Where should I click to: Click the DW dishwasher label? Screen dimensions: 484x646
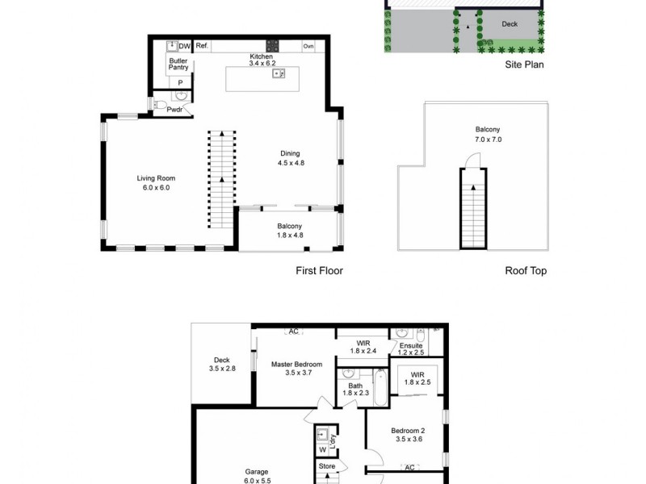tap(184, 46)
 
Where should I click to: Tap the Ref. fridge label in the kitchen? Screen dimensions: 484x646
tap(202, 46)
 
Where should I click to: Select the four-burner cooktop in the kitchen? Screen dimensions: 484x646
tap(273, 46)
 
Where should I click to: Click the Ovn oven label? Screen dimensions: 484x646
tap(308, 46)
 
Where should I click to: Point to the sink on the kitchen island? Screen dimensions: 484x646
tap(279, 74)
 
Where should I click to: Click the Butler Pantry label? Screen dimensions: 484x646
tap(178, 65)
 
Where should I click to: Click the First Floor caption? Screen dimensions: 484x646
tap(319, 271)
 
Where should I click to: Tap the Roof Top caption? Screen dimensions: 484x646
tap(525, 271)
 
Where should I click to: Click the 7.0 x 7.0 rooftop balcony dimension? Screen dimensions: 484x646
tap(487, 140)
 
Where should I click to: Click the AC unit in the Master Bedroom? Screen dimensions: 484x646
tap(294, 332)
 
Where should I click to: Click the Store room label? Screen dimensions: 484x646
tap(326, 465)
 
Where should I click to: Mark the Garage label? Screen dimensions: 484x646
tap(257, 472)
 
